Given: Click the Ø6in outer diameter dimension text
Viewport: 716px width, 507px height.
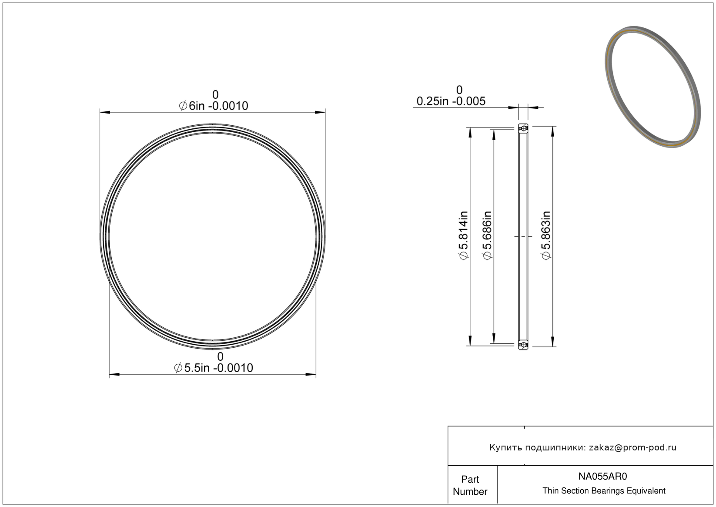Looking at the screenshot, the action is click(x=214, y=106).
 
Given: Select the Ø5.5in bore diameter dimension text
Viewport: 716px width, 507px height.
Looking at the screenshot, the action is click(x=214, y=368).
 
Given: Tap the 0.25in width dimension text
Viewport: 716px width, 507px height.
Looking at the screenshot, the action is click(x=451, y=101).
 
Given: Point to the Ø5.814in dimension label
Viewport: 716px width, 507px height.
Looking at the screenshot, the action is click(x=463, y=235).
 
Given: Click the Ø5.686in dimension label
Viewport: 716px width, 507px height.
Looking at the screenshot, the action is click(x=487, y=235).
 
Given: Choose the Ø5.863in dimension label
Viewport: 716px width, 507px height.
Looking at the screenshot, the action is click(x=546, y=235).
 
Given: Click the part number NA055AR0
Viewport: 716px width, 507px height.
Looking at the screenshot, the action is click(x=602, y=476).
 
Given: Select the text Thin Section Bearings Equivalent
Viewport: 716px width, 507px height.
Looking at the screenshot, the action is click(x=604, y=491).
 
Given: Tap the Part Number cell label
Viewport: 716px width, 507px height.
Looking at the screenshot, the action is click(x=470, y=485).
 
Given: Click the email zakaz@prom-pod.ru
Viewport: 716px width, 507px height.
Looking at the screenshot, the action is click(x=632, y=447).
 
